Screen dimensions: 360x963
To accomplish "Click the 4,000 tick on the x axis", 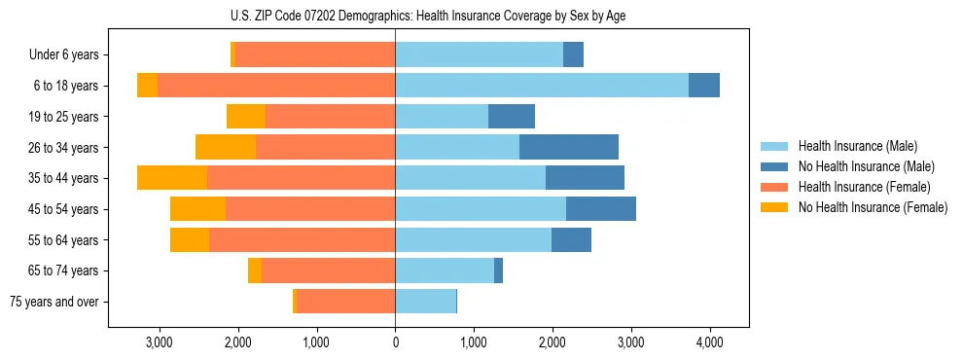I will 709,343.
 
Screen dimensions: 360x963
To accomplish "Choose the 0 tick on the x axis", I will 395,343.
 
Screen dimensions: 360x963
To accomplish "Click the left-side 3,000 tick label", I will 159,343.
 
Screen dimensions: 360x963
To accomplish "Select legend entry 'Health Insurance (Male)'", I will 857,146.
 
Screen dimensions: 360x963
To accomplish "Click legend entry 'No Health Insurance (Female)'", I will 873,207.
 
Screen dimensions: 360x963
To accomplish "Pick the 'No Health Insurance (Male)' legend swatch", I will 775,166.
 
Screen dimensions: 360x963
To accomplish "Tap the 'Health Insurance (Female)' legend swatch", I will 775,187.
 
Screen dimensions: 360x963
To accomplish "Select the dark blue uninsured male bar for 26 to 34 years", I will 569,147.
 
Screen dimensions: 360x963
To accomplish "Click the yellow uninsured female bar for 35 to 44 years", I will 172,178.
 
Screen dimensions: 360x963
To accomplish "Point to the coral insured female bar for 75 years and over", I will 345,302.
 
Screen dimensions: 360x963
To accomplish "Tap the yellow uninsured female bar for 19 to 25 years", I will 246,117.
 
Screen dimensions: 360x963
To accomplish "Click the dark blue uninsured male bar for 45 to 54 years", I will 601,209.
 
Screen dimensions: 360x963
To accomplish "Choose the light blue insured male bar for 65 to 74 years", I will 445,270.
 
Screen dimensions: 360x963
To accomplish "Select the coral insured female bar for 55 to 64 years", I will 302,239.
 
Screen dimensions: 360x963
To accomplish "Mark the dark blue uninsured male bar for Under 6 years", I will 573,55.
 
